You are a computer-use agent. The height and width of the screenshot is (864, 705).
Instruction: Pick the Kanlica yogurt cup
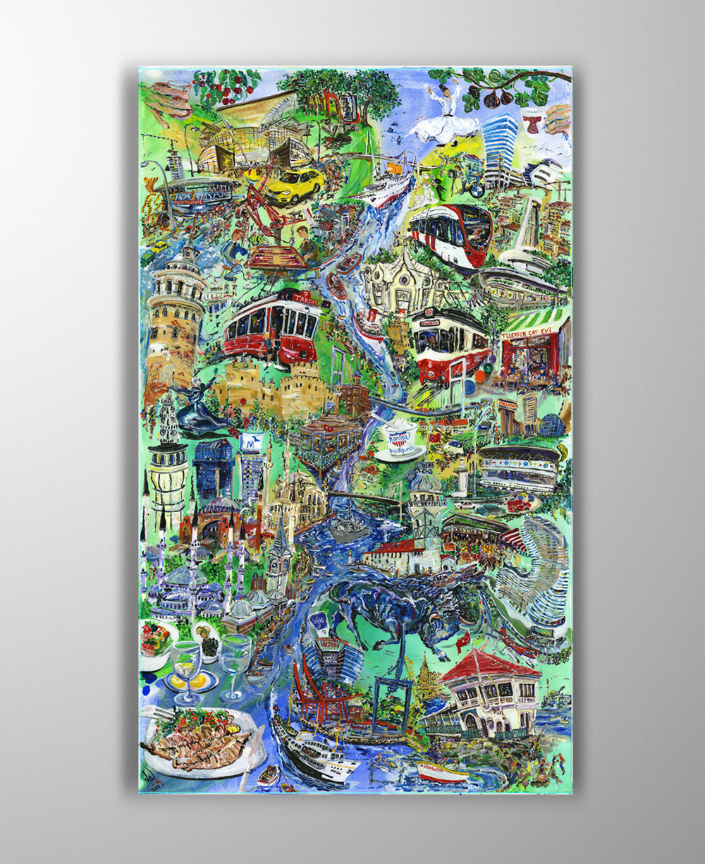tap(399, 442)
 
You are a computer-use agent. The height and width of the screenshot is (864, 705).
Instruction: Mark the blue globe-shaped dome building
tap(551, 425)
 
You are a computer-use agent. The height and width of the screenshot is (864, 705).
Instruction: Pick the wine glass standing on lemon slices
tap(186, 670)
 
